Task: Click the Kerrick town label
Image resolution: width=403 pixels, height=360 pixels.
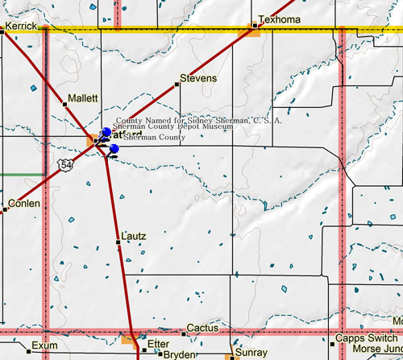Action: click(x=21, y=27)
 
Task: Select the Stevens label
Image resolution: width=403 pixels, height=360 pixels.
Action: click(x=198, y=78)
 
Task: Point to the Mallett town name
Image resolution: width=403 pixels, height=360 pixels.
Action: click(x=83, y=97)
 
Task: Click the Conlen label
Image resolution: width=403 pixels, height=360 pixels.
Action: click(x=24, y=204)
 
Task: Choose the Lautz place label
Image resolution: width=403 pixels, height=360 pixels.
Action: click(x=134, y=236)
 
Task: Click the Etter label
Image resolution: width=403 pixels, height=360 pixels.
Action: click(x=160, y=344)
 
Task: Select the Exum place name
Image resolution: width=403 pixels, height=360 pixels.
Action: click(x=45, y=346)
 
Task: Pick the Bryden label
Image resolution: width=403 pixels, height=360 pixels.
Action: click(x=181, y=354)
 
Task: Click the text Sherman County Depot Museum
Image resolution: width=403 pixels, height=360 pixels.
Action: click(x=172, y=127)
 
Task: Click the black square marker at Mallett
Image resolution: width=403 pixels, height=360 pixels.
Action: click(x=65, y=103)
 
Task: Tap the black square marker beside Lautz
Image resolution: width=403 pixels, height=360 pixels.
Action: click(x=118, y=242)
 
